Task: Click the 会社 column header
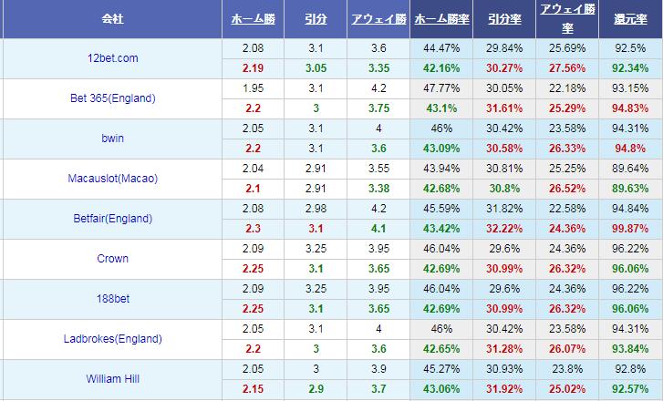pos(113,17)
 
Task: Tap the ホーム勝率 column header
pos(442,17)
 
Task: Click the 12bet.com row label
pos(113,58)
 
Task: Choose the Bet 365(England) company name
pos(113,98)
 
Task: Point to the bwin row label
pos(113,139)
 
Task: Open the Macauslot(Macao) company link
pos(113,179)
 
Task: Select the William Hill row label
pos(113,378)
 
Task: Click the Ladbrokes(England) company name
pos(113,338)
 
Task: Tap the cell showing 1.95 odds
pos(254,88)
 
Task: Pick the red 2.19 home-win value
pos(254,68)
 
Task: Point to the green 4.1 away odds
pos(378,229)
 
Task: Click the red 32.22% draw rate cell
pos(505,229)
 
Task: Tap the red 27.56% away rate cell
pos(567,68)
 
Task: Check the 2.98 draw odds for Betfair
pos(316,209)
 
